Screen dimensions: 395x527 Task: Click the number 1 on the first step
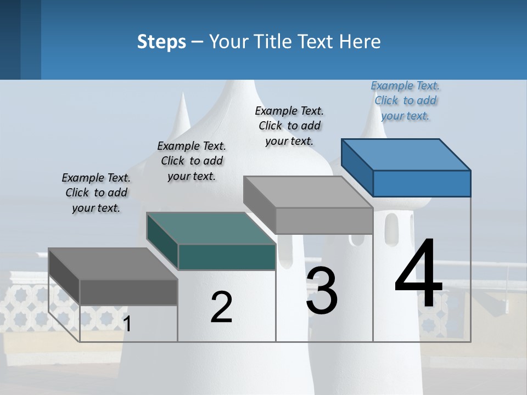[127, 324]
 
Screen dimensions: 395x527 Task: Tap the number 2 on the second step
[221, 307]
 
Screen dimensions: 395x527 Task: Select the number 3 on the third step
[322, 291]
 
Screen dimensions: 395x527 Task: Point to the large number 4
[418, 274]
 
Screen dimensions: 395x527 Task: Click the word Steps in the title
[161, 42]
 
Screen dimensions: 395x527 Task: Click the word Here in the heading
[360, 42]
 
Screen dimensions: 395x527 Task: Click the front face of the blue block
[422, 183]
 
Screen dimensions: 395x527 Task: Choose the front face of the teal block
[227, 257]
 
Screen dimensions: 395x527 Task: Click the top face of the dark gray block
[113, 264]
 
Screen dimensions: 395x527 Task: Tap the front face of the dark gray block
[128, 292]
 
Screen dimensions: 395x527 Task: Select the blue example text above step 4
[405, 100]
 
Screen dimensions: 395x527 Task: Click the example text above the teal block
[192, 161]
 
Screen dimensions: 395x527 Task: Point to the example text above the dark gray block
[96, 193]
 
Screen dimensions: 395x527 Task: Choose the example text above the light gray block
[289, 126]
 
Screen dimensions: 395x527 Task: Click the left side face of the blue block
[357, 167]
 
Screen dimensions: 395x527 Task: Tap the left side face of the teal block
[162, 241]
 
